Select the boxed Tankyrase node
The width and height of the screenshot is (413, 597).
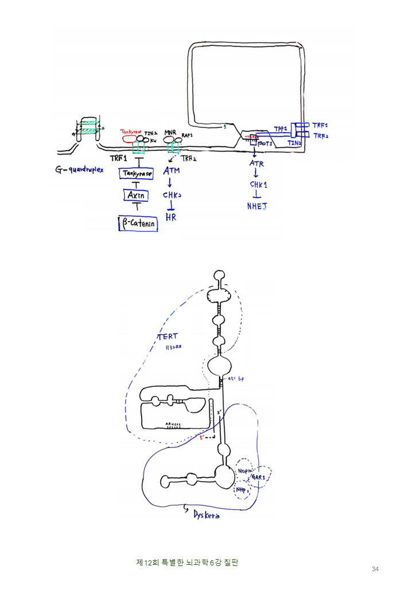[137, 173]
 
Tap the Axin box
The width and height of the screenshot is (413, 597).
[137, 196]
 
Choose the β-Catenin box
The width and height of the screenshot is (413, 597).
[138, 223]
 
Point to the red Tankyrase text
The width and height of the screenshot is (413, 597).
[131, 131]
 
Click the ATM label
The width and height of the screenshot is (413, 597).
[172, 170]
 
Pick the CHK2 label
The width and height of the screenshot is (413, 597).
[172, 195]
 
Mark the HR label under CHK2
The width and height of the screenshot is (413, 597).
[171, 217]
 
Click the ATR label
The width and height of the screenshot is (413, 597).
[256, 164]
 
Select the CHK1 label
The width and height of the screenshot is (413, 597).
[258, 185]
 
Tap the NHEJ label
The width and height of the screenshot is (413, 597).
[257, 206]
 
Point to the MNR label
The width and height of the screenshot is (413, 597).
[170, 132]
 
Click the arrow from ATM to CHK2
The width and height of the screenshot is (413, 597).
[170, 183]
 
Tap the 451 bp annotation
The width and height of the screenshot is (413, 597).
[236, 379]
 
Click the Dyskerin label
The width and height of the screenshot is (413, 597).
[203, 515]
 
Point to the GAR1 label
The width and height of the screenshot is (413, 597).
[258, 477]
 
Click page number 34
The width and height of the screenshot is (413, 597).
[375, 569]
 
